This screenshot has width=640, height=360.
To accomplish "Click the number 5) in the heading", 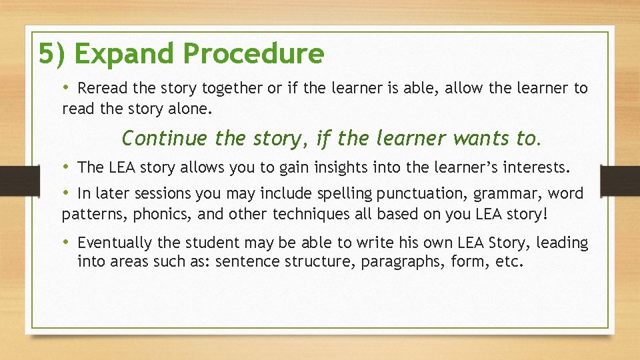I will tap(51, 54).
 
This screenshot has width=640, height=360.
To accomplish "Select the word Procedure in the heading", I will tap(254, 54).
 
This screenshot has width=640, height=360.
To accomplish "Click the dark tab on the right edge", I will tap(619, 181).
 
